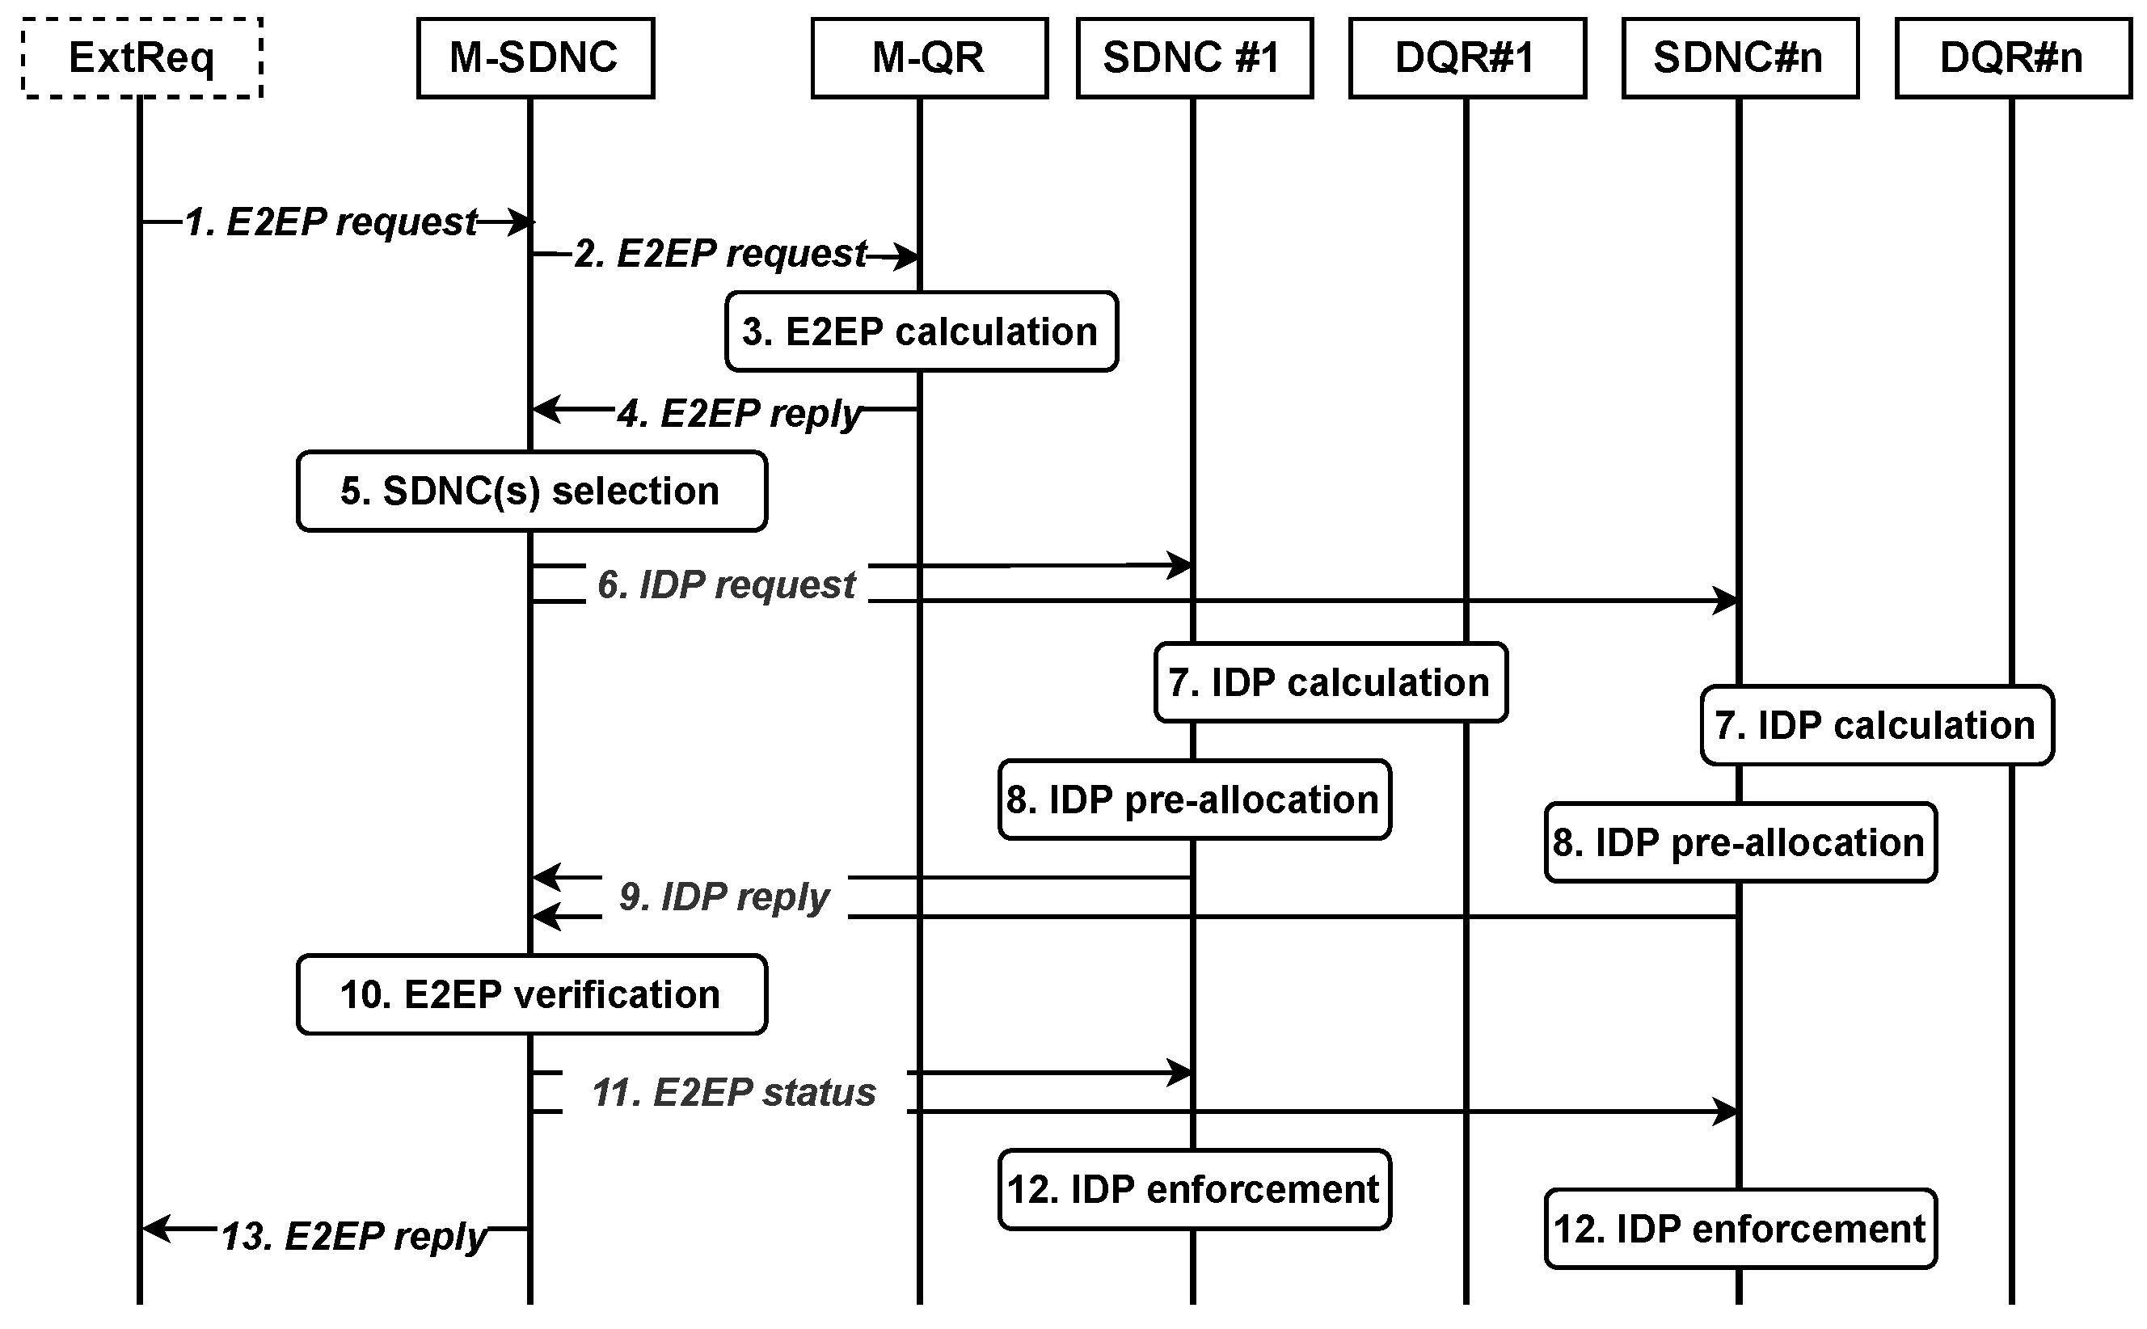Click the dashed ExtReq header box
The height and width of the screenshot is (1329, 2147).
click(x=141, y=58)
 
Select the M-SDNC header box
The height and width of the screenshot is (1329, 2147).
click(x=535, y=58)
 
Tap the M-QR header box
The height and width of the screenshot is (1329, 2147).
click(x=929, y=58)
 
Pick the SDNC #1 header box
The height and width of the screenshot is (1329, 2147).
click(x=1194, y=58)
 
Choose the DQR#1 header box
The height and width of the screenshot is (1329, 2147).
click(x=1467, y=58)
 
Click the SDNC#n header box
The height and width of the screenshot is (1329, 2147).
click(x=1740, y=58)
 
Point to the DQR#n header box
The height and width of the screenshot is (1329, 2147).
click(x=2013, y=58)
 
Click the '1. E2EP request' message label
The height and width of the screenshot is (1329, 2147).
click(x=331, y=221)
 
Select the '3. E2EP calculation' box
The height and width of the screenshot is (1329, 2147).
click(x=921, y=331)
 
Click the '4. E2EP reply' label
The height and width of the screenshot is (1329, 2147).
click(x=738, y=413)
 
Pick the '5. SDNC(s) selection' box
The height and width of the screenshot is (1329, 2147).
click(x=532, y=491)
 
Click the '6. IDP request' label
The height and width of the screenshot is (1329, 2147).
click(x=726, y=584)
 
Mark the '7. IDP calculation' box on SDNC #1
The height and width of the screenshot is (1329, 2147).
click(x=1331, y=682)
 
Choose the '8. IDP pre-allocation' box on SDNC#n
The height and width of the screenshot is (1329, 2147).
click(x=1740, y=842)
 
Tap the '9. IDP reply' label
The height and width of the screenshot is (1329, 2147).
click(x=724, y=897)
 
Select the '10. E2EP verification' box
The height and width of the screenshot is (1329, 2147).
click(x=532, y=994)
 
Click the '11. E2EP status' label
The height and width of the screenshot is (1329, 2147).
click(x=734, y=1093)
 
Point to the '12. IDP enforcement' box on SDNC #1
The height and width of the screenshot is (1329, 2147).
click(x=1194, y=1189)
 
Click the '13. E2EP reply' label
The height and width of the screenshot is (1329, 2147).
click(x=353, y=1236)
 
